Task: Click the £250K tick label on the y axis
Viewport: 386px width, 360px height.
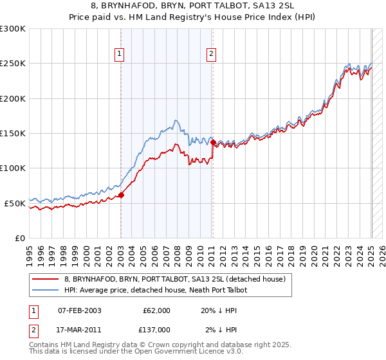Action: click(12, 64)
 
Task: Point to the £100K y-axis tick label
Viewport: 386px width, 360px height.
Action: click(12, 168)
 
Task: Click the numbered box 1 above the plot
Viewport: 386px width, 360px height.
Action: click(120, 55)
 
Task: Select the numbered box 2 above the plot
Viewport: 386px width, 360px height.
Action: click(211, 55)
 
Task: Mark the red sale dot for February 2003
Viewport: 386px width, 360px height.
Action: click(121, 195)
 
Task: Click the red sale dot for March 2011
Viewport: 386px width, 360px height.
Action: click(213, 142)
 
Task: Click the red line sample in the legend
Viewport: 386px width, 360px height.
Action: click(47, 279)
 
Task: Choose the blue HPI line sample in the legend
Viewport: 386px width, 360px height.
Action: click(47, 290)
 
